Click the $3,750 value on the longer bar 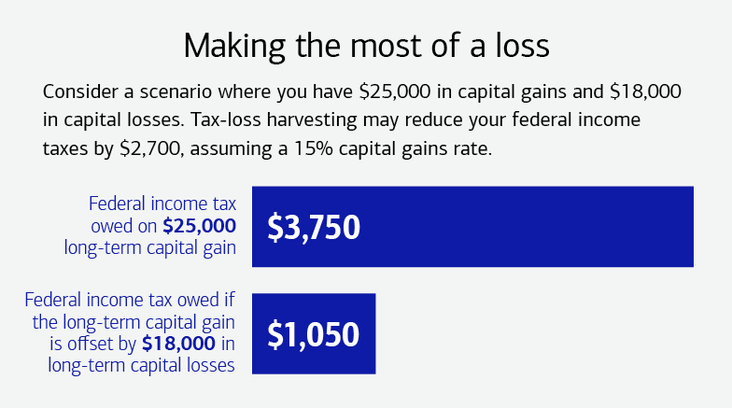tap(314, 227)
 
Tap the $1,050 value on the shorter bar tap(314, 333)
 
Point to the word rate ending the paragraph tap(472, 150)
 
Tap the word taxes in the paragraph tap(64, 150)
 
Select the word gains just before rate tap(423, 150)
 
